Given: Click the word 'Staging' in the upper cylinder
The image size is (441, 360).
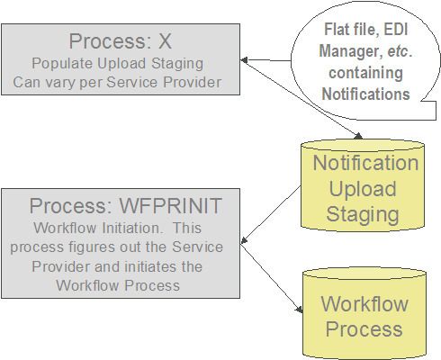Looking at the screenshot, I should coord(364,215).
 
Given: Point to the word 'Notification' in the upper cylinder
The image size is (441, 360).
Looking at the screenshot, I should coord(364,163).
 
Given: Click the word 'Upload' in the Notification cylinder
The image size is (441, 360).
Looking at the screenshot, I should coord(364,189).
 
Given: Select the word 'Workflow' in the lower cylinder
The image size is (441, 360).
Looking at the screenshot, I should coord(364,304).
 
